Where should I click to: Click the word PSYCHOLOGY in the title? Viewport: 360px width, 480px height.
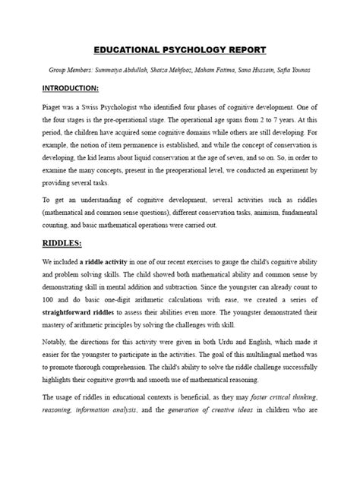click(192, 50)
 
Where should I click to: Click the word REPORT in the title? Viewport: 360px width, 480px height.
click(245, 50)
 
